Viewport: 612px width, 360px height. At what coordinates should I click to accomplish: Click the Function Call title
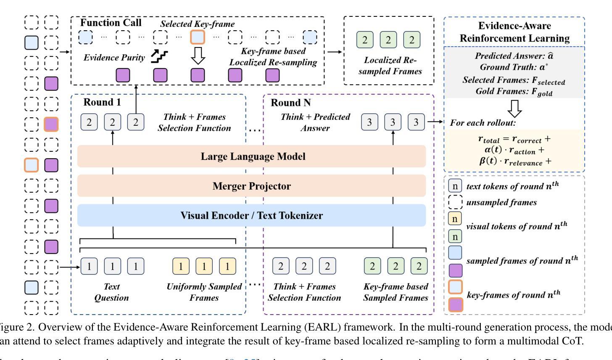(x=111, y=23)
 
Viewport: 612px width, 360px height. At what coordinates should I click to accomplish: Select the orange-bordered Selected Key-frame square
(x=198, y=37)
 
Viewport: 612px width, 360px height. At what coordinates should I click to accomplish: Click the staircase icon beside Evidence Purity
(x=159, y=56)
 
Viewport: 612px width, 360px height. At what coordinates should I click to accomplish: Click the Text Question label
(x=111, y=292)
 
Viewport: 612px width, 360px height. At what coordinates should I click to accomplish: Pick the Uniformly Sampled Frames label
(x=204, y=292)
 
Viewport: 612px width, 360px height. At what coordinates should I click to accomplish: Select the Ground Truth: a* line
(x=514, y=67)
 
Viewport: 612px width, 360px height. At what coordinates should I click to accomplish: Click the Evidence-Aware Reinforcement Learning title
(x=514, y=32)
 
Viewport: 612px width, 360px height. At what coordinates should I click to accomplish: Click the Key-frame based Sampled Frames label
(x=396, y=292)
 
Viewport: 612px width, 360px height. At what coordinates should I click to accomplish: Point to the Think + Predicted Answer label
(x=315, y=122)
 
